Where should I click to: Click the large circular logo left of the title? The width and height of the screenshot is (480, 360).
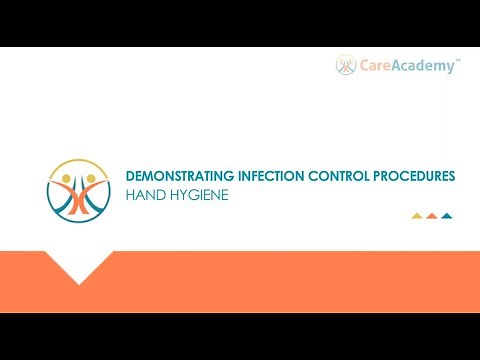pyautogui.click(x=79, y=189)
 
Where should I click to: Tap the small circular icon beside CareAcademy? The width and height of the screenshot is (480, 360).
pyautogui.click(x=346, y=66)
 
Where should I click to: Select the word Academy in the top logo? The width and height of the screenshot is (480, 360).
pyautogui.click(x=425, y=66)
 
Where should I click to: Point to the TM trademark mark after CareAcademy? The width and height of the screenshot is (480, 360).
pyautogui.click(x=458, y=60)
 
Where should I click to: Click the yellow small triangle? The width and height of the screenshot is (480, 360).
pyautogui.click(x=417, y=215)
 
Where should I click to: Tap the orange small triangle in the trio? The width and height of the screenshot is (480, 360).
pyautogui.click(x=432, y=215)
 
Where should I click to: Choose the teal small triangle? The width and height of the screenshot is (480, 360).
pyautogui.click(x=447, y=215)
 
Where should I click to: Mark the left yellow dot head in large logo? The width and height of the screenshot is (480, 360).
pyautogui.click(x=67, y=181)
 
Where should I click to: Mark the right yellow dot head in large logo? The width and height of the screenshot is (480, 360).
pyautogui.click(x=91, y=181)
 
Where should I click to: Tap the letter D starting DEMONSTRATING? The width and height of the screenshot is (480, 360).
pyautogui.click(x=130, y=175)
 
